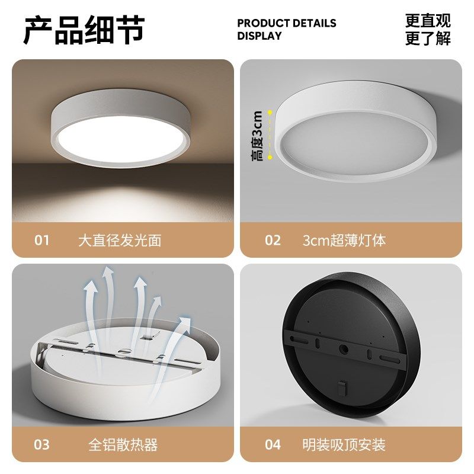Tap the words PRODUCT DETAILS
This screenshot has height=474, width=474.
click(286, 24)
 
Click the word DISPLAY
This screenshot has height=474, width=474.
click(260, 36)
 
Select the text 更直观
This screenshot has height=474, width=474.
click(428, 21)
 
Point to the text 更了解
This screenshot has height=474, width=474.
click(428, 39)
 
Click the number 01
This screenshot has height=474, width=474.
click(41, 241)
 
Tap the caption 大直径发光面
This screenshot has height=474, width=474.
click(120, 241)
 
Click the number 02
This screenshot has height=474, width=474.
click(273, 241)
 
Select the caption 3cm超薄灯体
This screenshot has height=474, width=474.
click(344, 241)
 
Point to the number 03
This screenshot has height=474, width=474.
click(41, 444)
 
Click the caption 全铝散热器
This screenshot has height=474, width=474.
click(123, 444)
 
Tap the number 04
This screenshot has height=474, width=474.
click(273, 444)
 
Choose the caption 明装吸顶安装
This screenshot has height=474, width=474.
click(344, 444)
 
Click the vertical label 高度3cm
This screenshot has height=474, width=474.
click(257, 135)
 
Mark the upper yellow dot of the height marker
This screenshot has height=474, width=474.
click(270, 111)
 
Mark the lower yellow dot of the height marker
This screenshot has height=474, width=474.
click(270, 157)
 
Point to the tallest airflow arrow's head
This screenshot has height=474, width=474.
click(108, 273)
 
